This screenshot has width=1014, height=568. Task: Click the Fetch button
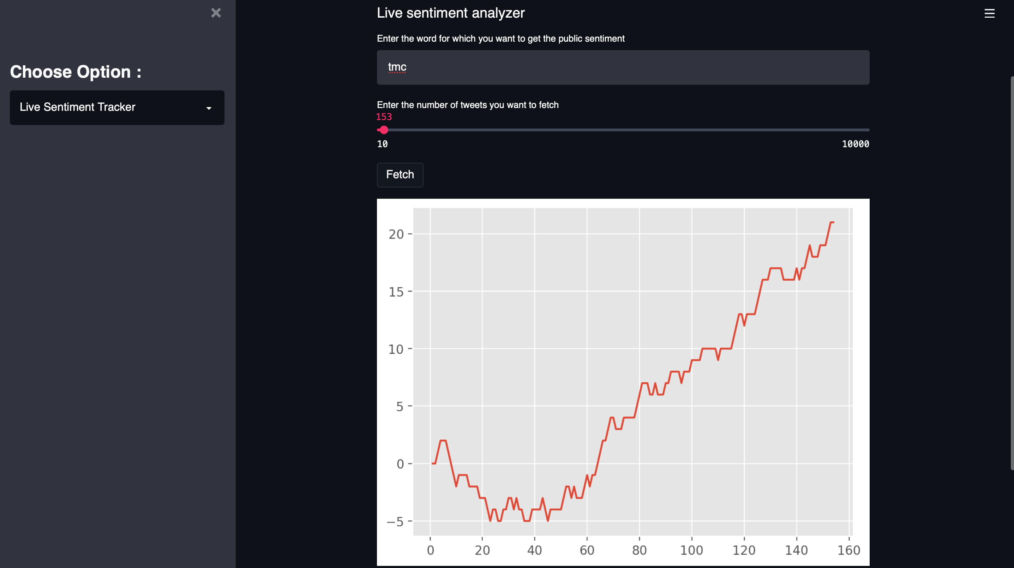point(400,175)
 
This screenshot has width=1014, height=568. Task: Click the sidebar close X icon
point(216,13)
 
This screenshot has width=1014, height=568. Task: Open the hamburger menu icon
point(989,13)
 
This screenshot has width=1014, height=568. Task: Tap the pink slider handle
point(384,130)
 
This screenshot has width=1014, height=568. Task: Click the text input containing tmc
point(623,67)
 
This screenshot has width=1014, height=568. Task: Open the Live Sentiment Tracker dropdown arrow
point(209,108)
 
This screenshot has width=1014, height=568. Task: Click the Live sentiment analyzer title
point(450,13)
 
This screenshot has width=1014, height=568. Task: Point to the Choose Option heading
point(76,72)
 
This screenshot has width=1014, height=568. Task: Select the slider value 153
point(384,117)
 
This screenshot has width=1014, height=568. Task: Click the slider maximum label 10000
point(855,144)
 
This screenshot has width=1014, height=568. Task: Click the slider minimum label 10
point(382,144)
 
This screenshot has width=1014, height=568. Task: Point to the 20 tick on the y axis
point(396,234)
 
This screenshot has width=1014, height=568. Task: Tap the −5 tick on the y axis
point(395,521)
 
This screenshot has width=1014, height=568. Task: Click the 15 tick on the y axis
point(396,292)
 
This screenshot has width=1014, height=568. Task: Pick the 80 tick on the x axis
point(639,550)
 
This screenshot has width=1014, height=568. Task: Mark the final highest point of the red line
point(832,222)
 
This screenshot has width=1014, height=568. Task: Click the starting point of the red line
point(432,463)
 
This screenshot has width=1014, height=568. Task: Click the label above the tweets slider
point(468,105)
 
